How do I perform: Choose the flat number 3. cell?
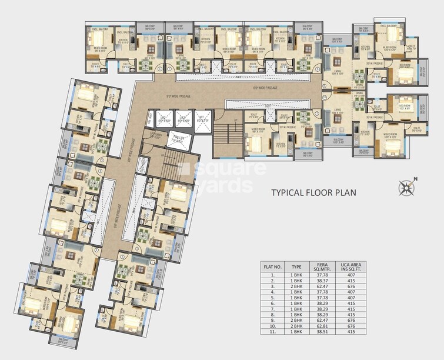[272, 286]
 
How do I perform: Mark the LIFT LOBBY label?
[156, 135]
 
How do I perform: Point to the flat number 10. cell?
[272, 325]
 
